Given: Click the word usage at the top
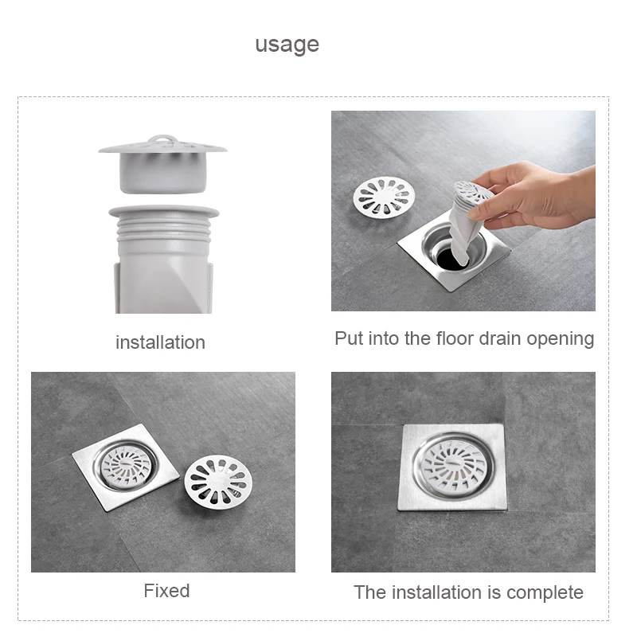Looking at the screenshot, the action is point(287,45).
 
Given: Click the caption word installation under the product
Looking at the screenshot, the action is point(161,342).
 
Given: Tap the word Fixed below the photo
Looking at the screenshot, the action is point(166,591).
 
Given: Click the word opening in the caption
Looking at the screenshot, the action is point(561,340).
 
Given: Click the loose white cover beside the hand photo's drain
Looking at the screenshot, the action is point(384,197).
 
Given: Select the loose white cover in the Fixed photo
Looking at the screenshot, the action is point(218,482).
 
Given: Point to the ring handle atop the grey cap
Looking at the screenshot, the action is point(162,140).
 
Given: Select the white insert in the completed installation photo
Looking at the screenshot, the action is point(453,463).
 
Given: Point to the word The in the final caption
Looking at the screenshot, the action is point(369,592).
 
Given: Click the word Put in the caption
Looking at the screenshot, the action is point(350,338).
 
